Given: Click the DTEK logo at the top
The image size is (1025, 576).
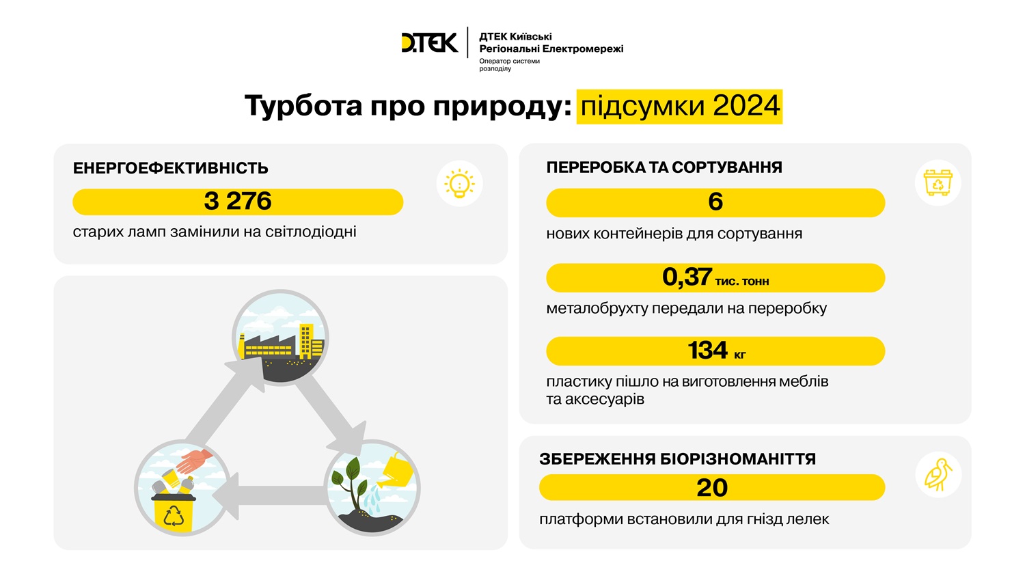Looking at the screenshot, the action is click(429, 42).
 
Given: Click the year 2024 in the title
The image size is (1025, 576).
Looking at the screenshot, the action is click(746, 106).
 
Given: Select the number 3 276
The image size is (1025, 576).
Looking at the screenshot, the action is click(238, 202).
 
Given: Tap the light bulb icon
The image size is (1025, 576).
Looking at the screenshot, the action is click(459, 184).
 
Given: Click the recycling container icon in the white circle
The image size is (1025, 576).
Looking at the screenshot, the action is click(938, 182).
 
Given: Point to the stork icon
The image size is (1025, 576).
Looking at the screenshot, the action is click(938, 474).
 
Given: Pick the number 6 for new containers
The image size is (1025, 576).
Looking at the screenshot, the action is click(715, 202).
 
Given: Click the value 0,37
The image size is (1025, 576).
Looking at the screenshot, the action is click(686, 277).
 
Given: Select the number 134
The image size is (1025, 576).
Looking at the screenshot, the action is click(707, 351).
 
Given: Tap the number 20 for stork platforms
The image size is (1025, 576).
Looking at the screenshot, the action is click(712, 487).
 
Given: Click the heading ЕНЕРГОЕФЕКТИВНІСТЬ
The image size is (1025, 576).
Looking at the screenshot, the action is click(170, 168).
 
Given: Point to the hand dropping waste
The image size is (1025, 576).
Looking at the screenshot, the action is click(195, 460).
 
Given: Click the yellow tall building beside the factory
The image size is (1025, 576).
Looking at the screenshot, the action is click(311, 341).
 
